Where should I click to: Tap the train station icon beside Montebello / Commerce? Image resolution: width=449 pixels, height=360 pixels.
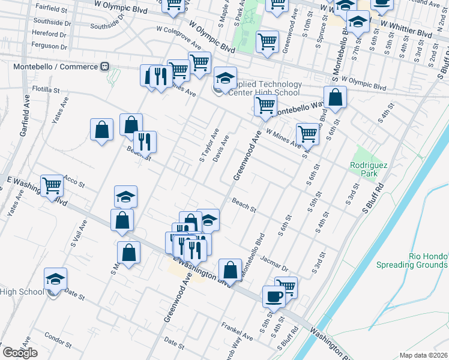pos(104,67)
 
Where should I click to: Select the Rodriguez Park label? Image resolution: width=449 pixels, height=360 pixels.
pos(365,169)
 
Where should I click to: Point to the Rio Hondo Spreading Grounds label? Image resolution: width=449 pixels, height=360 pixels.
pos(412,260)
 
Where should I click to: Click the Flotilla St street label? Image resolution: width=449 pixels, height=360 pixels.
pos(46,89)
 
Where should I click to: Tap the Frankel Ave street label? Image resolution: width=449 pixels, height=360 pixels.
pos(237,329)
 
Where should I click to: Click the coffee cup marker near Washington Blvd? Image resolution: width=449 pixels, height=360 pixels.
pos(274,296)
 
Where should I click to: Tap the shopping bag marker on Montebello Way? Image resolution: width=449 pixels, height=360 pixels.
pos(335,97)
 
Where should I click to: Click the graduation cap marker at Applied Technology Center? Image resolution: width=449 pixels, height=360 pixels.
pos(225,79)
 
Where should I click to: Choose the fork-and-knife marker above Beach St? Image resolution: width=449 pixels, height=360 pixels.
pos(145,142)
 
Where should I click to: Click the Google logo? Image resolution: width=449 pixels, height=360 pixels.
pos(20,353)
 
